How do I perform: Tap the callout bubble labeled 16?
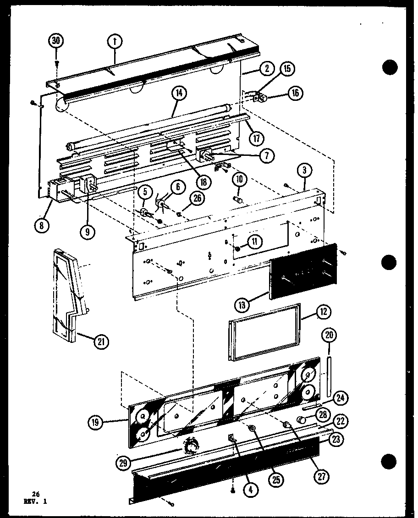click(x=295, y=93)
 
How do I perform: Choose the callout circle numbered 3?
click(x=305, y=171)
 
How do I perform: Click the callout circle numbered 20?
click(x=328, y=335)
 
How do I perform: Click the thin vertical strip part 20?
click(x=329, y=375)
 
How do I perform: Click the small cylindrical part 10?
click(x=238, y=200)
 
